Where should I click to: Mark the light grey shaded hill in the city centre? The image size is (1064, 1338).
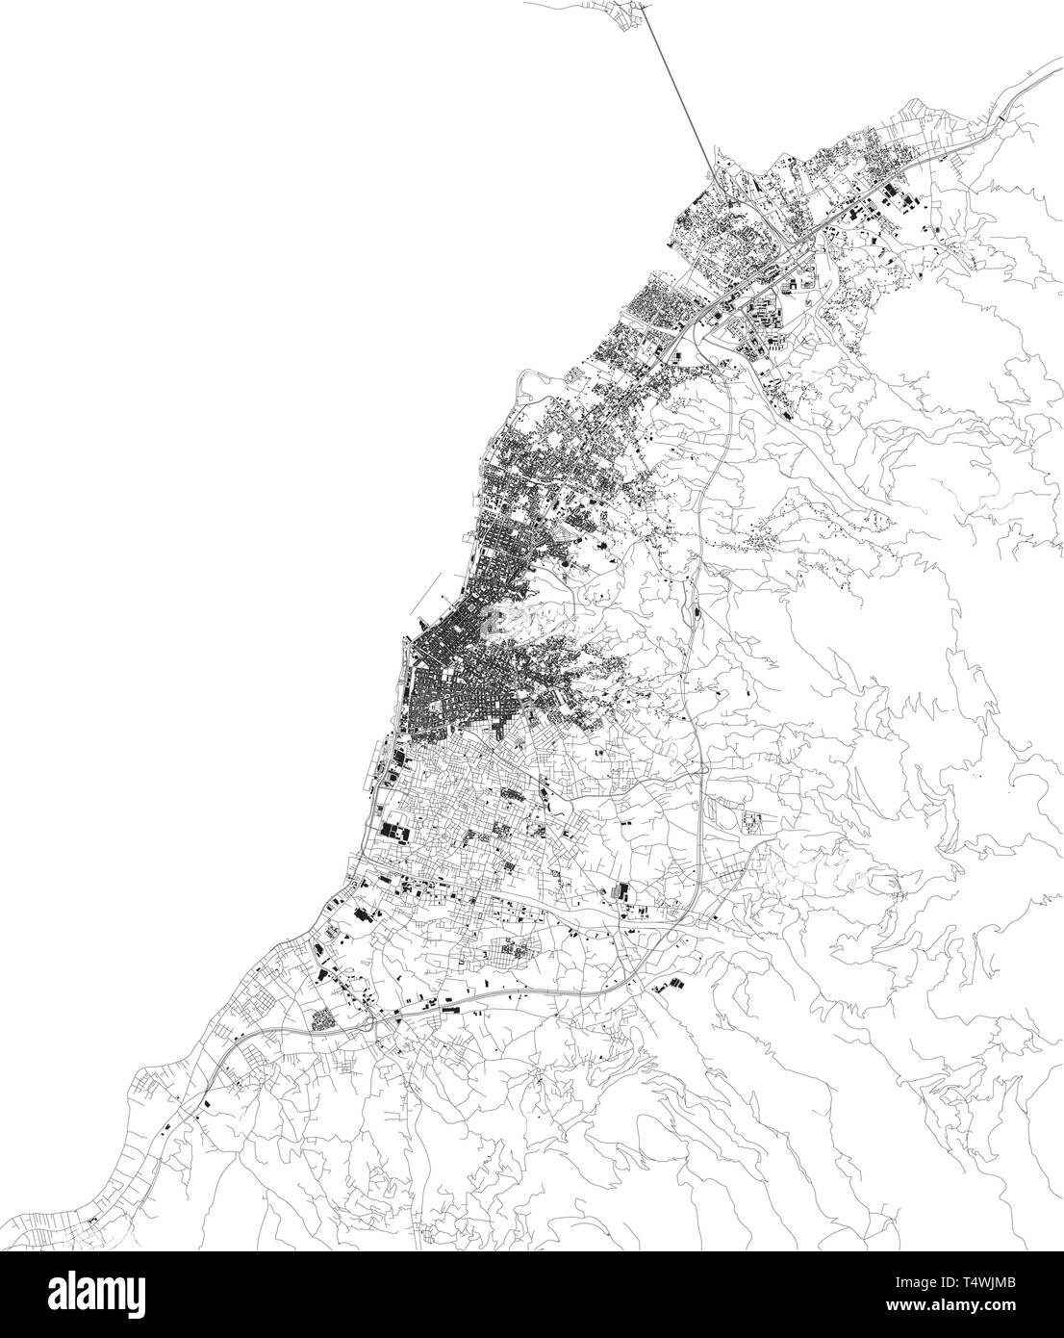point(519,621)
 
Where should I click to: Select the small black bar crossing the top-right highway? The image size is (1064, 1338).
point(1002,114)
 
